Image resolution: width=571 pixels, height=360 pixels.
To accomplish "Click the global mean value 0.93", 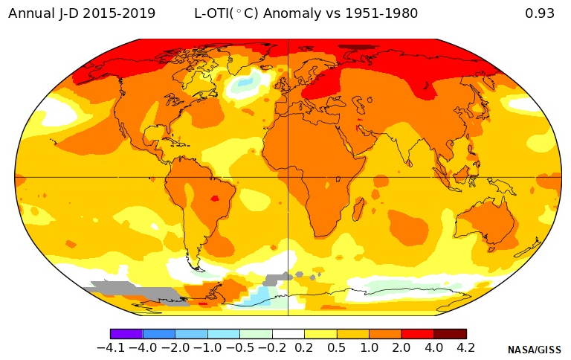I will (x=539, y=13).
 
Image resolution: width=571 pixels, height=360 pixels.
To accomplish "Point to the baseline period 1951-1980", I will (x=381, y=13).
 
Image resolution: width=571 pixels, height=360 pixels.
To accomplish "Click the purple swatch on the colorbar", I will (x=126, y=334).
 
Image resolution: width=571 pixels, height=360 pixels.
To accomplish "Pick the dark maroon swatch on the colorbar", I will (x=450, y=334).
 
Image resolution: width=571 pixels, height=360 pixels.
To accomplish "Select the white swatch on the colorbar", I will (x=288, y=334).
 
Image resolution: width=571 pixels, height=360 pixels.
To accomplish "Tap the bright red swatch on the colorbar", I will (x=418, y=334).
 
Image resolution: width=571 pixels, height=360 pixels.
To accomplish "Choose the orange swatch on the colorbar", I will (x=385, y=334).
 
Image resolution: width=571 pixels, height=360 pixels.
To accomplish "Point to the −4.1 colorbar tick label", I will (x=112, y=347).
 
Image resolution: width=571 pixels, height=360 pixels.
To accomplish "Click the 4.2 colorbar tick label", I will (x=466, y=347).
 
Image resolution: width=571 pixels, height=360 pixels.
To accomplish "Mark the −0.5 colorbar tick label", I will (x=239, y=347).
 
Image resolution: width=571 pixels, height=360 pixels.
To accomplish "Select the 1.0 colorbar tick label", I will (x=369, y=347).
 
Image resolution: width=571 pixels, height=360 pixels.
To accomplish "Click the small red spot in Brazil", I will (x=216, y=199).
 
